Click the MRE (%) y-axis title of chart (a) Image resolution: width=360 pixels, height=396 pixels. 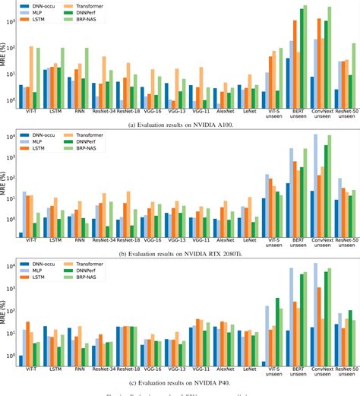point(5,54)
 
